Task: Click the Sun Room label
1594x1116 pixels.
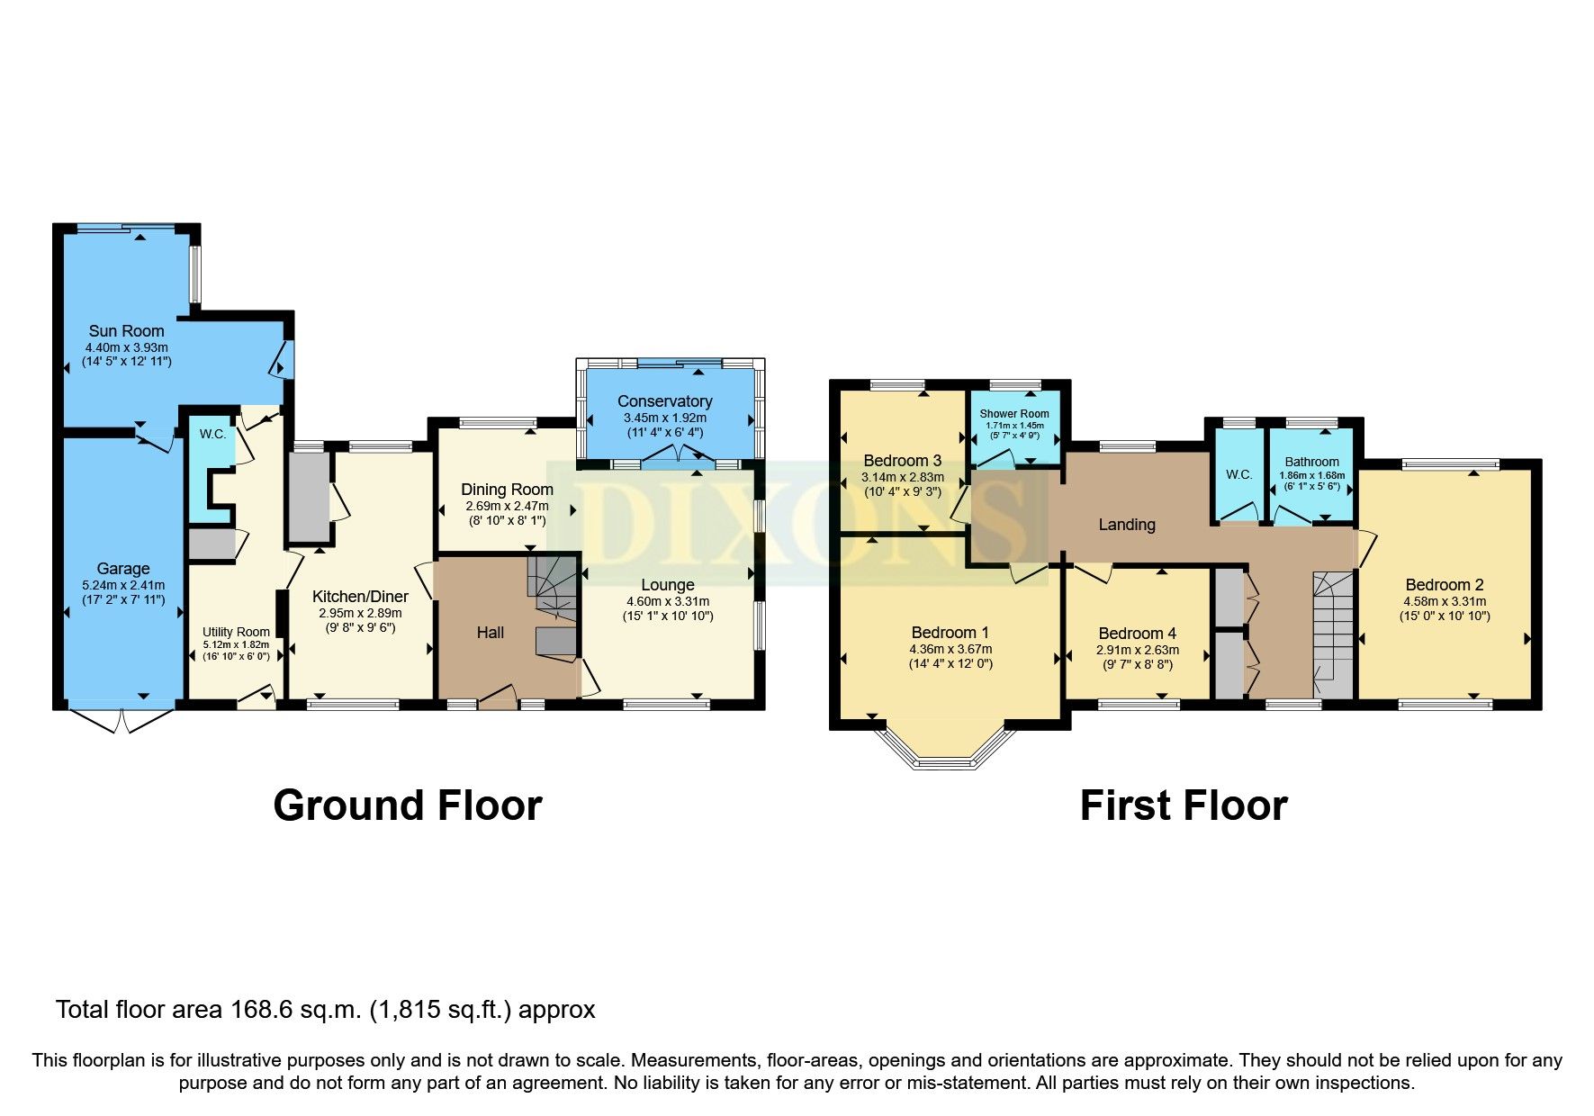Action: [126, 330]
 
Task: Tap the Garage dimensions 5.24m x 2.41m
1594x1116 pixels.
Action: [122, 585]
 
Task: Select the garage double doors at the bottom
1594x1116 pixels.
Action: [121, 720]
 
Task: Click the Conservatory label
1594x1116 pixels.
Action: [664, 401]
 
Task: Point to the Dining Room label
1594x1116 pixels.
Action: [507, 490]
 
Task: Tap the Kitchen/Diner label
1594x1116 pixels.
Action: [360, 597]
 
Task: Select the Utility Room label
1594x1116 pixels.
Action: [236, 632]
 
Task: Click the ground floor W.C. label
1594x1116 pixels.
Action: [212, 434]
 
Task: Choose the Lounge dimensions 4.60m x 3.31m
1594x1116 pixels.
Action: [667, 601]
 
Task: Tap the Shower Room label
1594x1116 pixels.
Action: [1013, 414]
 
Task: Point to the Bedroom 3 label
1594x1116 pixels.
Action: [902, 461]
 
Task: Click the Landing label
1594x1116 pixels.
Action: [1126, 525]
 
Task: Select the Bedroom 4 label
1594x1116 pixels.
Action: [1137, 634]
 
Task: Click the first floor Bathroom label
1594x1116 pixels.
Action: [1311, 462]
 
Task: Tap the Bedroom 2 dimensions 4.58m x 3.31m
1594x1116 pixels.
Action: [1444, 601]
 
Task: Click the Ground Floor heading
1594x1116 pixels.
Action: [407, 805]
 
